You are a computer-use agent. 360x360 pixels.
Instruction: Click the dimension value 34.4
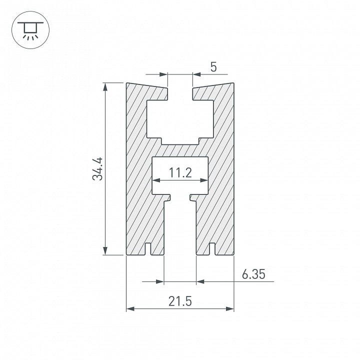pos(97,169)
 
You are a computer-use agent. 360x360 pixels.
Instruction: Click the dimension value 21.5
pos(180,301)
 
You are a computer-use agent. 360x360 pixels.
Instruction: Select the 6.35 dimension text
pos(253,274)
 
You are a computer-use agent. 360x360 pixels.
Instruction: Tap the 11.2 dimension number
pos(180,172)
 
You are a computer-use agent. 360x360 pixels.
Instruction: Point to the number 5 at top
pos(213,67)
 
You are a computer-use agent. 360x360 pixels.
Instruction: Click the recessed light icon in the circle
pos(30,30)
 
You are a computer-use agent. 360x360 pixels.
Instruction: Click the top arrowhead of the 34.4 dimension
pos(105,87)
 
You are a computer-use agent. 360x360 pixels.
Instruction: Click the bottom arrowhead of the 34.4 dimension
pos(105,250)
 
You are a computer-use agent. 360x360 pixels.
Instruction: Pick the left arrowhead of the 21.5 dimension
pos(130,309)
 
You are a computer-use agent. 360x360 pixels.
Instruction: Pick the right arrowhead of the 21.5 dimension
pos(230,309)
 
